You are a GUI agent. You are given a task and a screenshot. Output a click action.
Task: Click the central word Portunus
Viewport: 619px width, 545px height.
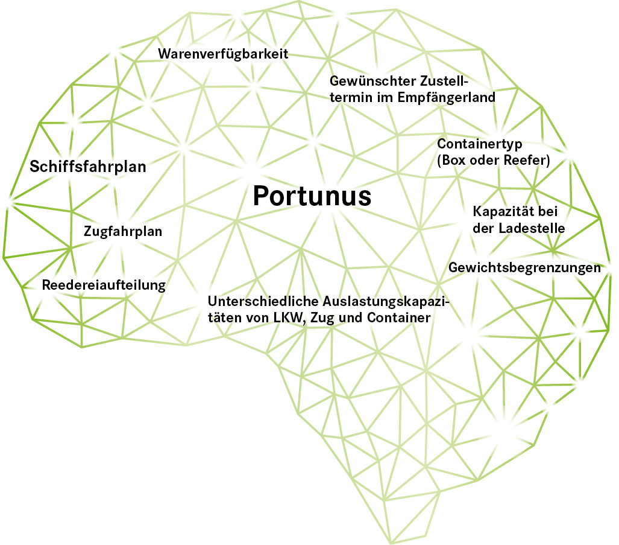click(x=311, y=196)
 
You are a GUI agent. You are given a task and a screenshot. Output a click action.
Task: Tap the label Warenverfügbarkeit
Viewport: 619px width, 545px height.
click(x=224, y=54)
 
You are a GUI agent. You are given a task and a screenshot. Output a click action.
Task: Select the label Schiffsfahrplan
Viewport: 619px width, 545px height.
click(x=88, y=167)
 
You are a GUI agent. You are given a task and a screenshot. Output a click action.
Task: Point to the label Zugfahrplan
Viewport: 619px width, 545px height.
click(x=123, y=231)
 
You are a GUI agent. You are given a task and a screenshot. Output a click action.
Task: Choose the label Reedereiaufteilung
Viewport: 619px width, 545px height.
click(x=104, y=285)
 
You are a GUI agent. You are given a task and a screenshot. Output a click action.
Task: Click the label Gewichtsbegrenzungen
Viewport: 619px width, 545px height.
click(x=525, y=268)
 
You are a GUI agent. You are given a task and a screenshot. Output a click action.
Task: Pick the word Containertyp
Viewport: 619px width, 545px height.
click(x=479, y=144)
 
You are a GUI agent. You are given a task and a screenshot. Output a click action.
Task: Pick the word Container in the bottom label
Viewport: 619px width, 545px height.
click(x=399, y=317)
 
